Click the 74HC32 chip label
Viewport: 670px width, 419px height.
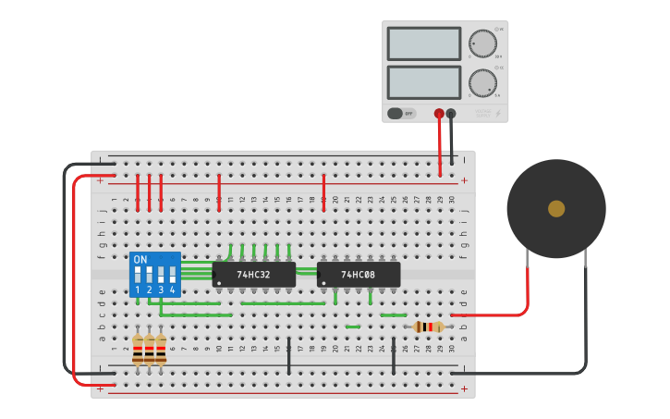(253, 275)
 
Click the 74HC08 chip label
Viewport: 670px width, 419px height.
(358, 275)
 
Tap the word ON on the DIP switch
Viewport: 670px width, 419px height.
(140, 260)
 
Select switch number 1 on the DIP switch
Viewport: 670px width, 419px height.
(138, 276)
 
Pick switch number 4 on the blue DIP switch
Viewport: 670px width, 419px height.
(172, 276)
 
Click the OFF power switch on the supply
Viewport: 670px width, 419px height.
(402, 113)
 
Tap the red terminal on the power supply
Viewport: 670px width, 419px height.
(439, 114)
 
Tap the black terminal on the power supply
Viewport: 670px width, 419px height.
(451, 114)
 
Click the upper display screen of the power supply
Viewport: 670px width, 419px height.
(424, 43)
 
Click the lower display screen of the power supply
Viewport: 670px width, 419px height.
(424, 82)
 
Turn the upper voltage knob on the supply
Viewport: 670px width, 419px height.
(482, 43)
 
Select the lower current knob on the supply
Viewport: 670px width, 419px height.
(482, 83)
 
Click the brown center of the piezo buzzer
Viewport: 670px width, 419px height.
(556, 209)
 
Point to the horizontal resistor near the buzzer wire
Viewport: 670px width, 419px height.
(428, 327)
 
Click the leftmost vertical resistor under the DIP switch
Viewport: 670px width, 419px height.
(138, 349)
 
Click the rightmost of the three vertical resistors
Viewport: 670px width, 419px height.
(161, 349)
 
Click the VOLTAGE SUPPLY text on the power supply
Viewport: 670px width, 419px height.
(483, 113)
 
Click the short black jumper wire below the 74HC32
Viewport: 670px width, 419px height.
(289, 355)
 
